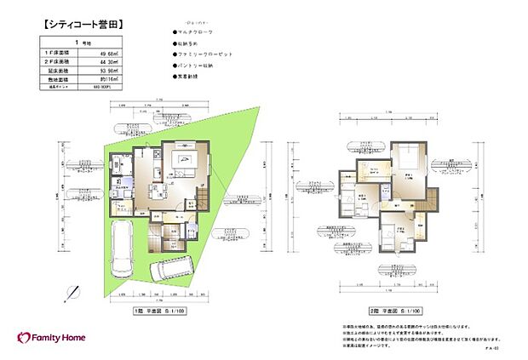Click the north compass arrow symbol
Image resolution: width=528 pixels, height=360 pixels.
coord(72,292)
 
